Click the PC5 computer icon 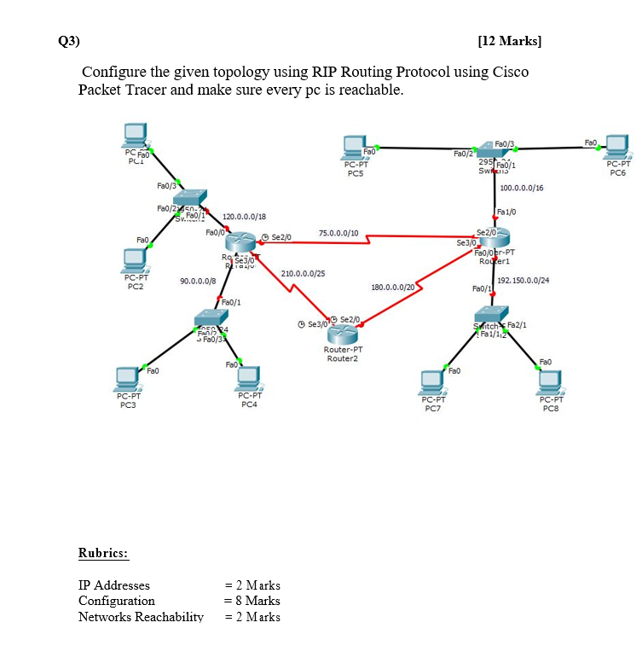[x=356, y=148]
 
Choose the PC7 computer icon [x=434, y=382]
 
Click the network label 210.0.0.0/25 [x=302, y=273]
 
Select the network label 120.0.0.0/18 [x=244, y=217]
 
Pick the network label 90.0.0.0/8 [x=198, y=281]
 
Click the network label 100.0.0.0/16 [x=523, y=187]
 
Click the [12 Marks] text [x=510, y=40]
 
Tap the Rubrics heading [x=103, y=554]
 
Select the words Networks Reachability [x=141, y=617]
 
